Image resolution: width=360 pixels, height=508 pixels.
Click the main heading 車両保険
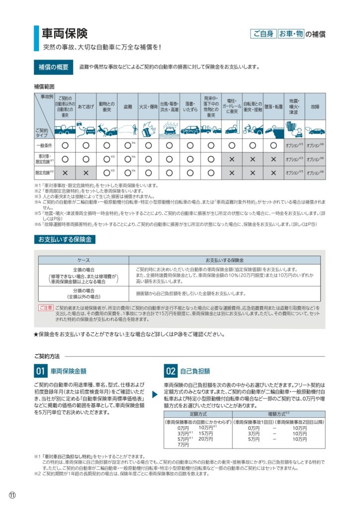click(65, 33)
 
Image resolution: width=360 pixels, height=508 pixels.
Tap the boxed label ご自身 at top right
click(263, 34)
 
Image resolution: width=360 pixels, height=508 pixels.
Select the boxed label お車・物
click(290, 34)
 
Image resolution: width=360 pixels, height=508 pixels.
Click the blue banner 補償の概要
click(54, 67)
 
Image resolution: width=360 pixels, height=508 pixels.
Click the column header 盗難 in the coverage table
click(128, 106)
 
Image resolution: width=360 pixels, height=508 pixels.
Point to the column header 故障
click(315, 106)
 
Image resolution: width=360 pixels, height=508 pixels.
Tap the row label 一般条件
click(44, 145)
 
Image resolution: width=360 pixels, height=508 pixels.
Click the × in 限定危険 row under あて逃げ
click(86, 173)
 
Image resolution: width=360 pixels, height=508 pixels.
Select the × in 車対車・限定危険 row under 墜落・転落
click(273, 159)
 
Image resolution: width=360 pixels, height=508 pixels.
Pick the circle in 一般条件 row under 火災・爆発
click(148, 145)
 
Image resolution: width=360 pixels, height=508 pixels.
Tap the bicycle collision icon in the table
click(252, 129)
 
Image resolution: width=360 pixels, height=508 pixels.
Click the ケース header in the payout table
click(83, 260)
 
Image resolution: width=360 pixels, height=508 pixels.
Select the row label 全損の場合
click(83, 269)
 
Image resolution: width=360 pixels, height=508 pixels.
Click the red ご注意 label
click(46, 308)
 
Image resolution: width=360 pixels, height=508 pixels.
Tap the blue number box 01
click(40, 371)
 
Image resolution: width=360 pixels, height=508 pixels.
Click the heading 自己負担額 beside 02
click(195, 371)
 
